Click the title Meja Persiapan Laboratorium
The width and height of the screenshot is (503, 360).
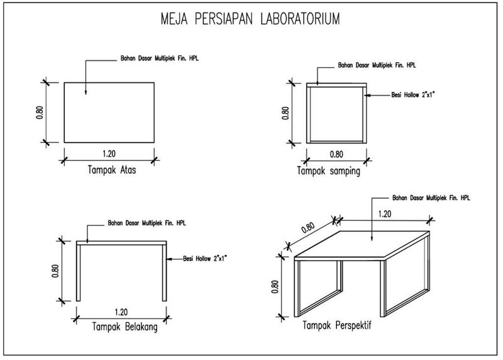pos(250,20)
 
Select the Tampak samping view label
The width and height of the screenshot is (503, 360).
pos(329,171)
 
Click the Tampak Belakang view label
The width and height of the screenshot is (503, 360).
pos(124,327)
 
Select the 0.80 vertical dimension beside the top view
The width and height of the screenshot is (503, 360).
pos(39,112)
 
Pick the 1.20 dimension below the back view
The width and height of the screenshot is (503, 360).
pos(121,311)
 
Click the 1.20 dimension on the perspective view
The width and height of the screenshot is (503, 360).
pos(385,213)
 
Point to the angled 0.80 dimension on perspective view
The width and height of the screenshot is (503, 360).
pos(308,229)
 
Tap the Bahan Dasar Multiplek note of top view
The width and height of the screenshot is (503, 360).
pos(160,59)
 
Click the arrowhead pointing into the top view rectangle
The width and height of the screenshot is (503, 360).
pos(86,94)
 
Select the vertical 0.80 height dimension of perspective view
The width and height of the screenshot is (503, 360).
pos(275,286)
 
